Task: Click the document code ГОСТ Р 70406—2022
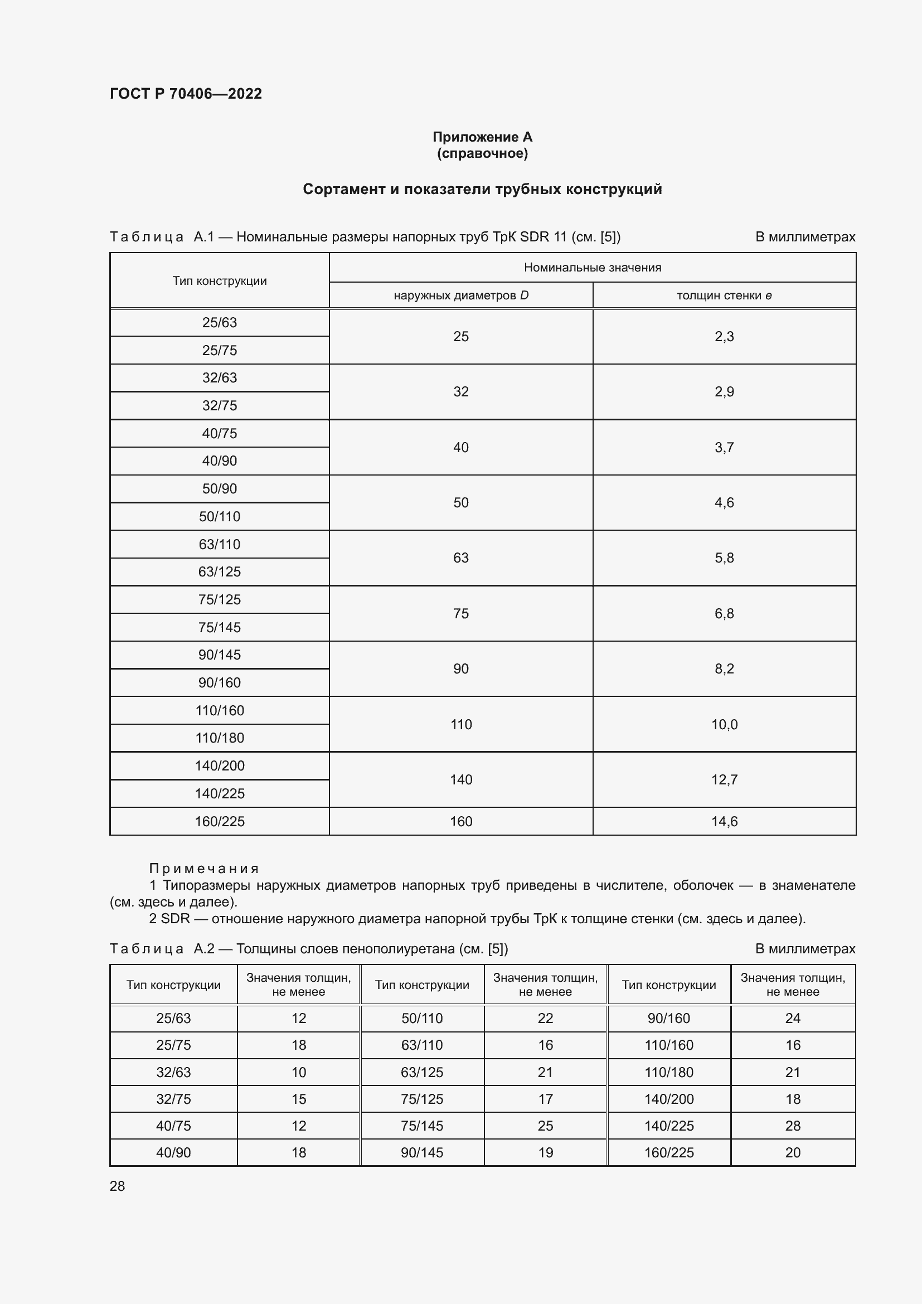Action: (x=186, y=94)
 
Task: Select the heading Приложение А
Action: (x=482, y=137)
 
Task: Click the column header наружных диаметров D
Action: (x=460, y=295)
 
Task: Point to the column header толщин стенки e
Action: (x=724, y=295)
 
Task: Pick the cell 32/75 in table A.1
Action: (x=219, y=405)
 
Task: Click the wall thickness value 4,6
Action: (x=724, y=503)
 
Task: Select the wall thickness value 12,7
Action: (x=724, y=780)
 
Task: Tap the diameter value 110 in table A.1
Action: (x=460, y=724)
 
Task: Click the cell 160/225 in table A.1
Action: (x=219, y=821)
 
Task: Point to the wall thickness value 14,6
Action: (x=724, y=821)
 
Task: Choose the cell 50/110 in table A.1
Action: (x=219, y=516)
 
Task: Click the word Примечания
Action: (x=204, y=869)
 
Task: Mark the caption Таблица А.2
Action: (x=162, y=948)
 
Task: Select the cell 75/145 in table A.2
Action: (x=422, y=1126)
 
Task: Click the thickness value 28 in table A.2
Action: (x=793, y=1126)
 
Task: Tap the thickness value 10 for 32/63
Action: (x=299, y=1072)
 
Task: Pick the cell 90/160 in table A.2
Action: (x=669, y=1019)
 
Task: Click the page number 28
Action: (x=118, y=1186)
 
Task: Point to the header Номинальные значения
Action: (x=592, y=268)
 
